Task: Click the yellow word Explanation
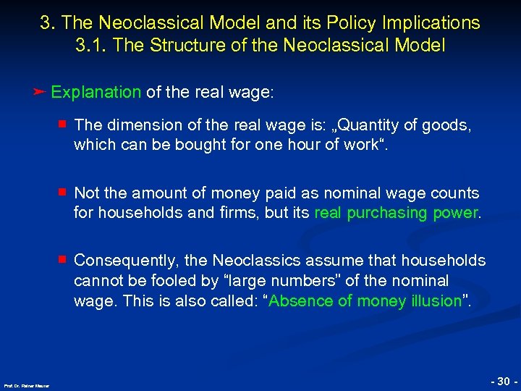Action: (96, 92)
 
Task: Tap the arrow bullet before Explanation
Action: (40, 92)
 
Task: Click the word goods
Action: (449, 126)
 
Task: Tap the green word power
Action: (456, 213)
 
